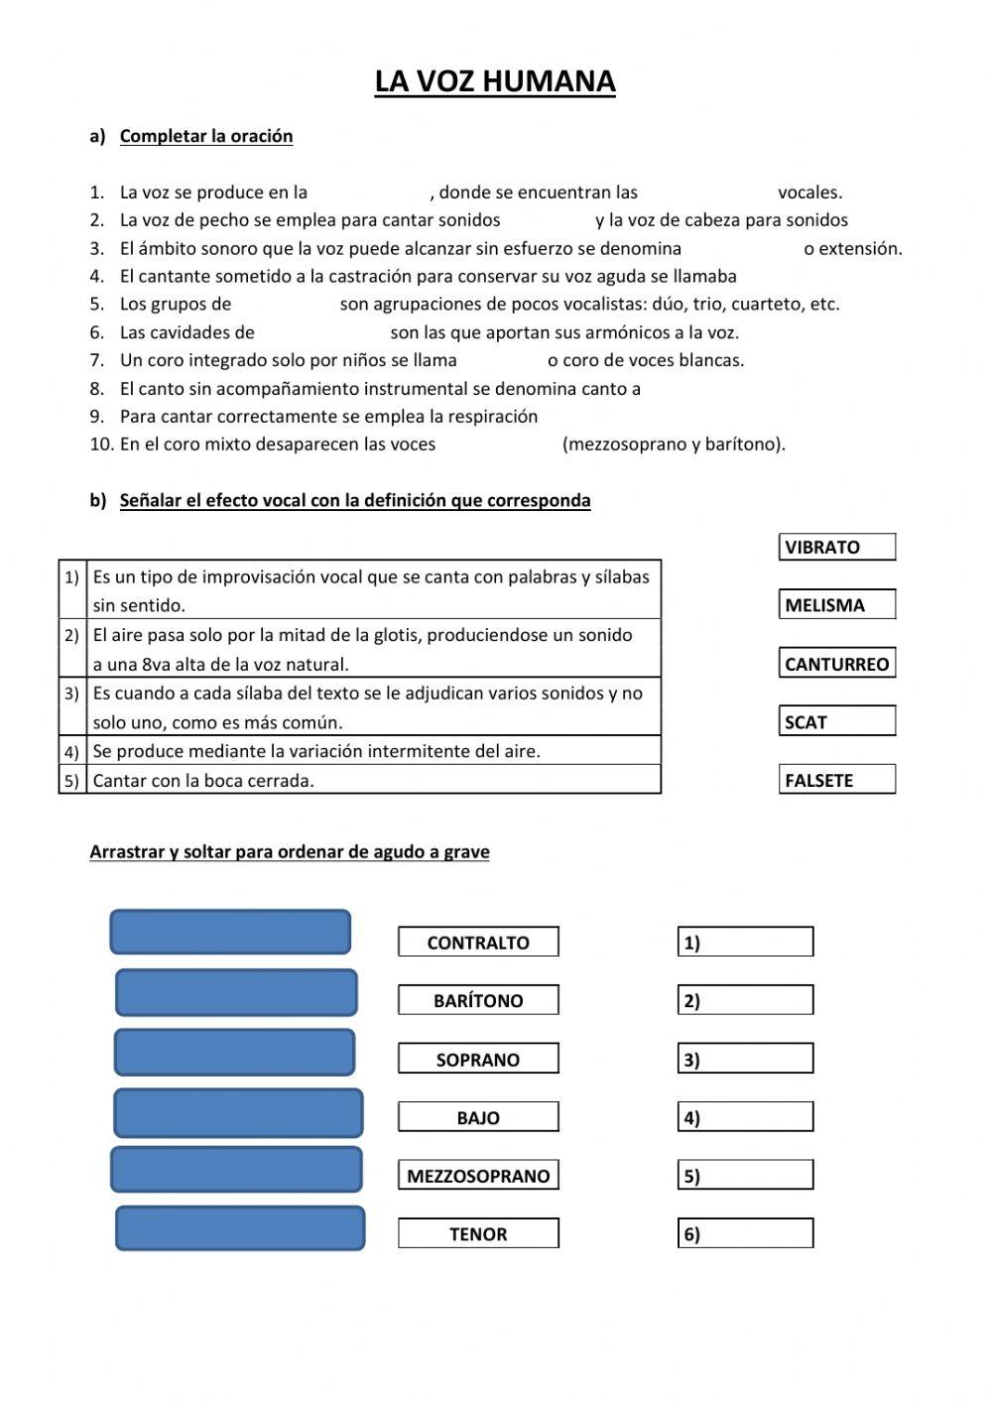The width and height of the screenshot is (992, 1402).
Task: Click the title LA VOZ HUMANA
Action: point(495,81)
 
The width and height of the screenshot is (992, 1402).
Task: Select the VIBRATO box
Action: point(837,547)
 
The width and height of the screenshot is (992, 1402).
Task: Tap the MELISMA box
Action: point(837,604)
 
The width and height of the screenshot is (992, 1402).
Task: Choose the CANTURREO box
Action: point(837,664)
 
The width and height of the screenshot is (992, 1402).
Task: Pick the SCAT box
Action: point(837,721)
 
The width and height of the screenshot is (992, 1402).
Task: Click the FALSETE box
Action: point(837,780)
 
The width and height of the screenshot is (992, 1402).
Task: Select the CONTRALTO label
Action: point(478,942)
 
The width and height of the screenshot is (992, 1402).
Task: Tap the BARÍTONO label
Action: point(478,1000)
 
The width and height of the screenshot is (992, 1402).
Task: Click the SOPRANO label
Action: point(478,1059)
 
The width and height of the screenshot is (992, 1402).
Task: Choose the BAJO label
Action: point(478,1117)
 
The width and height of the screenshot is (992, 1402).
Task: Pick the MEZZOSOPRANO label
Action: point(478,1176)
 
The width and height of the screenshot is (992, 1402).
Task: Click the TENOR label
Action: point(478,1233)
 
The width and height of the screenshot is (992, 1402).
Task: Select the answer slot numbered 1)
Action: point(746,942)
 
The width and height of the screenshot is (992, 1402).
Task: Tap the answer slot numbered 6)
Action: point(746,1233)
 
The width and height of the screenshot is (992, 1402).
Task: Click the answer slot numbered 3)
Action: point(746,1059)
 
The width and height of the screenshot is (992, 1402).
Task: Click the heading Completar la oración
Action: point(206,136)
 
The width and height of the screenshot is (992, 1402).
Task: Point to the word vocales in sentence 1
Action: point(809,192)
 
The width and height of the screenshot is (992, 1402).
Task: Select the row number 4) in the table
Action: point(72,751)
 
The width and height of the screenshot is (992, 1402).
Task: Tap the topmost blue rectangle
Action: point(230,932)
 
